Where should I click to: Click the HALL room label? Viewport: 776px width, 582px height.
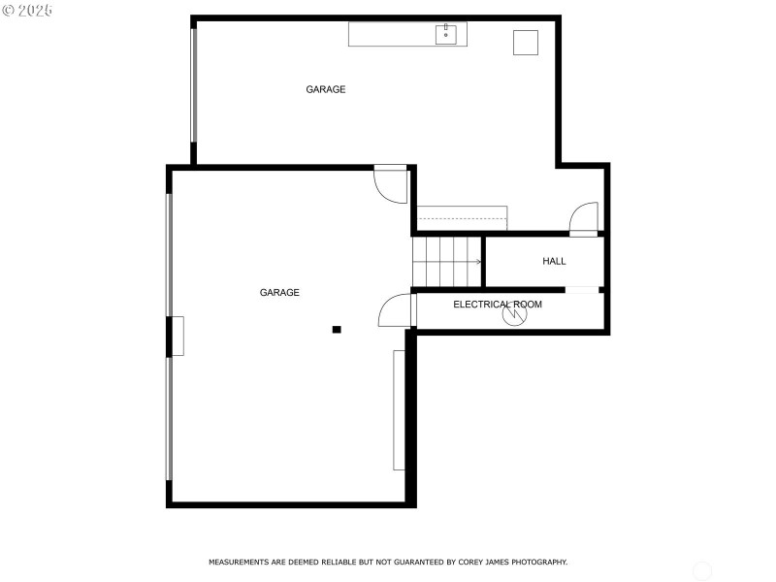554,261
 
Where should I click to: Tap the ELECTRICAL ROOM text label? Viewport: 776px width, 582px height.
498,305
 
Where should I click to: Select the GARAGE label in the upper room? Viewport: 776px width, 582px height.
326,89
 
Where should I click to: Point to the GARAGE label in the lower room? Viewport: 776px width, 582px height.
279,292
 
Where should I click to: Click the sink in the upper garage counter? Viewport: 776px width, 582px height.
446,33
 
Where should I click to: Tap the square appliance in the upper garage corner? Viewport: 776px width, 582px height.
525,43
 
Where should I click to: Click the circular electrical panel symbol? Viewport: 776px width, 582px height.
513,314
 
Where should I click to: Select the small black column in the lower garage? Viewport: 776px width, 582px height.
337,330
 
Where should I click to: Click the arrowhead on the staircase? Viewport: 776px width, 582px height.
478,261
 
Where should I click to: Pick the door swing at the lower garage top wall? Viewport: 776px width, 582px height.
392,184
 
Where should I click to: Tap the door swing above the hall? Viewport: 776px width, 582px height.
584,219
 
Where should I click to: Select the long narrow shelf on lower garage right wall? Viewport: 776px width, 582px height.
399,410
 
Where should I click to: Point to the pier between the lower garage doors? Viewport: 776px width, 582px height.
177,336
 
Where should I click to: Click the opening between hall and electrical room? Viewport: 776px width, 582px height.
582,289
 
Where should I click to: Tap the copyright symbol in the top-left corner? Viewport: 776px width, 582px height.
9,10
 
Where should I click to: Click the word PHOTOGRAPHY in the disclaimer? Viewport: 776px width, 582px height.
538,562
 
